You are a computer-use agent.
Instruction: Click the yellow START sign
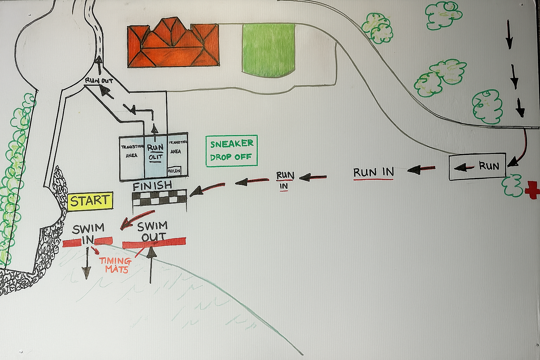[90, 201]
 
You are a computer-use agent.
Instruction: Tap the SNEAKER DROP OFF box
[231, 150]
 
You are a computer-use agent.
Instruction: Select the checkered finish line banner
[160, 199]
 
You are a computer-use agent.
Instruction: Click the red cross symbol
[532, 190]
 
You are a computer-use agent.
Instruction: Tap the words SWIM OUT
[153, 231]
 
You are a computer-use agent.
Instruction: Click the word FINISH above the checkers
[153, 186]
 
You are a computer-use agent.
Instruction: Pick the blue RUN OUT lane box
[155, 156]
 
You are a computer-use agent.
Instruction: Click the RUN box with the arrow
[477, 167]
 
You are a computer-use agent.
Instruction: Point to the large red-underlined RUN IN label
[373, 173]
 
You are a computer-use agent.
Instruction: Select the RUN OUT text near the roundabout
[99, 81]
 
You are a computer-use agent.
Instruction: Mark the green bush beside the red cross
[513, 185]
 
